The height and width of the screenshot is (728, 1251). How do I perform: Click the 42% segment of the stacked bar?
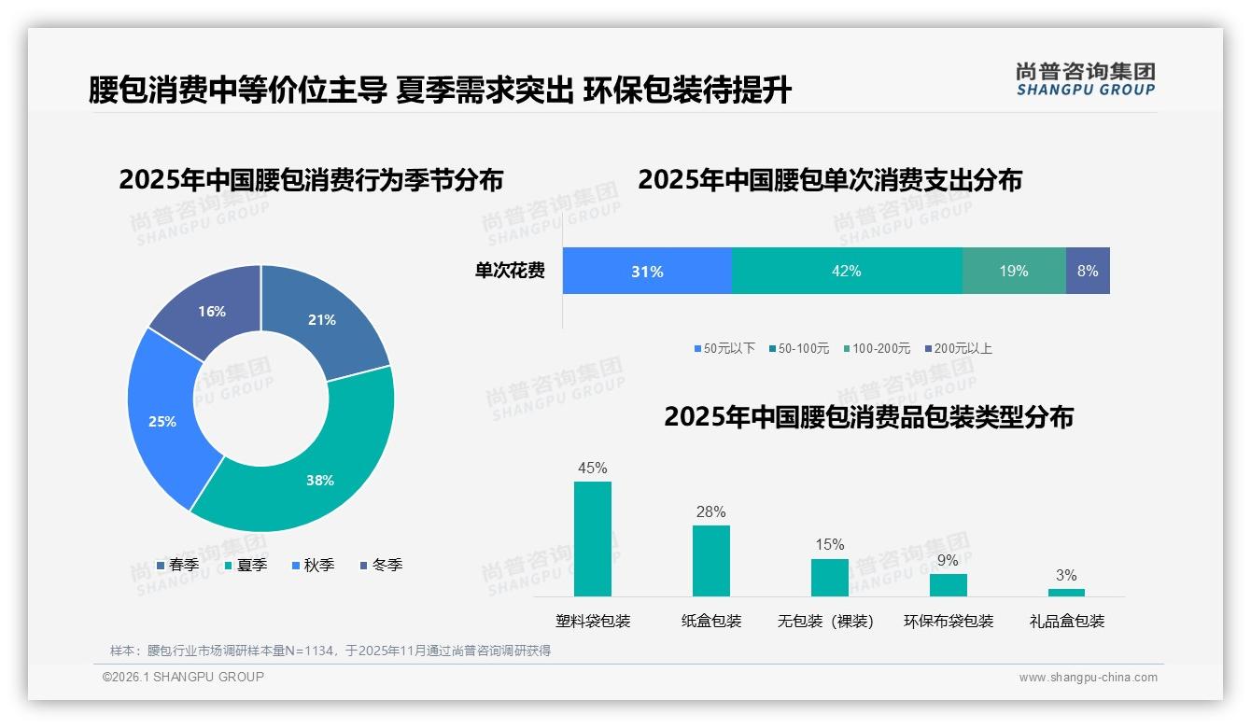(x=847, y=271)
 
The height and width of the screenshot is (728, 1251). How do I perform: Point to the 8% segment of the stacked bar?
(x=1088, y=271)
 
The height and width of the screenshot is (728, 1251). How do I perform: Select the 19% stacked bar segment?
(x=1014, y=271)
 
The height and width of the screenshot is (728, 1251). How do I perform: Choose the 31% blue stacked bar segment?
(x=647, y=271)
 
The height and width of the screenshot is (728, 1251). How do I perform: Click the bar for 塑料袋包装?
(x=593, y=539)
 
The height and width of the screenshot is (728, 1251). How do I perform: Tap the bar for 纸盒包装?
(x=711, y=560)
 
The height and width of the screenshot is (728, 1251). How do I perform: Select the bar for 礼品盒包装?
(x=1066, y=592)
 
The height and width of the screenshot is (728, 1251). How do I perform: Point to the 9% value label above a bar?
(x=948, y=561)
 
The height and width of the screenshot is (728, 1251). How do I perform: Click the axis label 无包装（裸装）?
(x=825, y=621)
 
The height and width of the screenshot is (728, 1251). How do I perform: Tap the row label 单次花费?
(x=510, y=272)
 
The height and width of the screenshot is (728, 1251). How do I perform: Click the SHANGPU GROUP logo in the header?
(x=1085, y=78)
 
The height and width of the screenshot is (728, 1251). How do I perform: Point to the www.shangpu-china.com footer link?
(x=1088, y=678)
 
